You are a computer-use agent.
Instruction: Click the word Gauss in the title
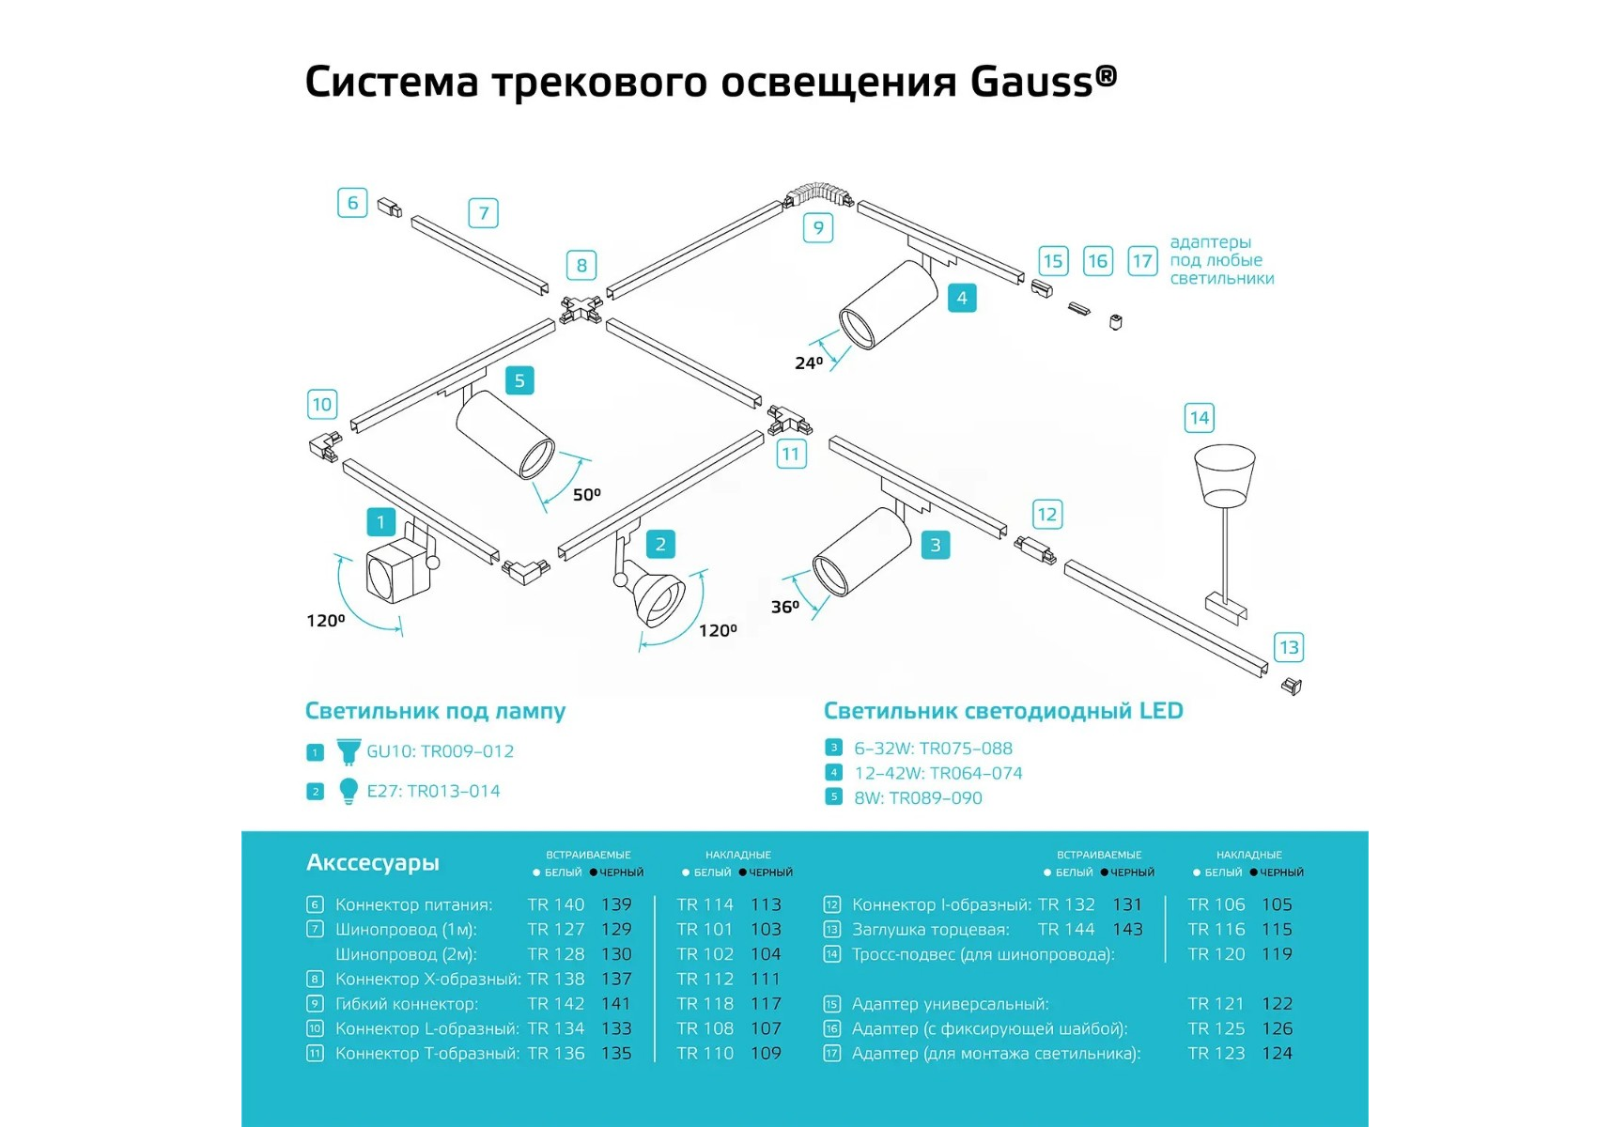click(x=1031, y=82)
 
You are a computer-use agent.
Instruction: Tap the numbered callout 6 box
click(x=352, y=202)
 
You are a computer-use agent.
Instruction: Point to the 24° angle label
click(x=808, y=363)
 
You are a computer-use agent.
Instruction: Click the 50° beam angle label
click(x=586, y=494)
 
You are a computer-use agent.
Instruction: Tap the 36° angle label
click(x=784, y=607)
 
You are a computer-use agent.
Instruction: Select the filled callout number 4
click(x=961, y=299)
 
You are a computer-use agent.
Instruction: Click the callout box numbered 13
click(x=1288, y=647)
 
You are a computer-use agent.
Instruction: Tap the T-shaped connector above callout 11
click(x=787, y=419)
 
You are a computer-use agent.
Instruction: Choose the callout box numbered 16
click(x=1097, y=261)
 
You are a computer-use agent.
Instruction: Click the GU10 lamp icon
click(x=348, y=751)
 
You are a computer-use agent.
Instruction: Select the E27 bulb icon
click(x=348, y=791)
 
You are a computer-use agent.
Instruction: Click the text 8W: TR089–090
click(x=918, y=798)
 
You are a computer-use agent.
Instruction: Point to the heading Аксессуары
click(x=372, y=862)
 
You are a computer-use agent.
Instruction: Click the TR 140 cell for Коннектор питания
click(x=555, y=904)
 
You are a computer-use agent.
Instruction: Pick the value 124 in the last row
click(x=1277, y=1053)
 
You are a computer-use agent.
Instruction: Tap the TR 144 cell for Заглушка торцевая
click(x=1065, y=929)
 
